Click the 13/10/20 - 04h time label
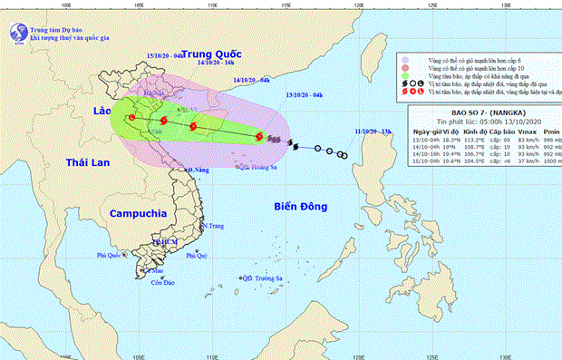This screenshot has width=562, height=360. click(x=304, y=93)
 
